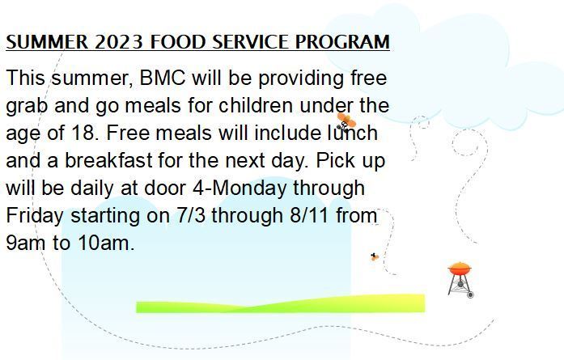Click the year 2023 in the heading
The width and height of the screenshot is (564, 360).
pyautogui.click(x=119, y=42)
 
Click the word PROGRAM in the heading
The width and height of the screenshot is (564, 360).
pyautogui.click(x=342, y=42)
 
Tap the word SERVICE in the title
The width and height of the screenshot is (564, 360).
pyautogui.click(x=251, y=42)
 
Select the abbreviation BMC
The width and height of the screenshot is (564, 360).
pyautogui.click(x=163, y=78)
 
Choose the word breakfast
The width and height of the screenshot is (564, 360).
pyautogui.click(x=108, y=160)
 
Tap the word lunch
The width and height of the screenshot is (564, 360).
pyautogui.click(x=352, y=133)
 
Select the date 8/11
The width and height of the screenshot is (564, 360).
pyautogui.click(x=308, y=215)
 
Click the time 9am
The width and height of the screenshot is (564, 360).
pyautogui.click(x=26, y=244)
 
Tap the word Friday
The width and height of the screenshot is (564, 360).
pyautogui.click(x=35, y=216)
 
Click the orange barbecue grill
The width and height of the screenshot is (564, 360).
pyautogui.click(x=460, y=280)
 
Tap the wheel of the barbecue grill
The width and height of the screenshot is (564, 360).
pyautogui.click(x=470, y=295)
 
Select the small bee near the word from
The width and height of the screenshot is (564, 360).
pyautogui.click(x=375, y=256)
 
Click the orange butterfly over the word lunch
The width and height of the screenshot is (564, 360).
pyautogui.click(x=346, y=121)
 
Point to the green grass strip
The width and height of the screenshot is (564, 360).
pyautogui.click(x=281, y=304)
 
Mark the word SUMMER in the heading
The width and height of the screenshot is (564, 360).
pyautogui.click(x=47, y=42)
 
